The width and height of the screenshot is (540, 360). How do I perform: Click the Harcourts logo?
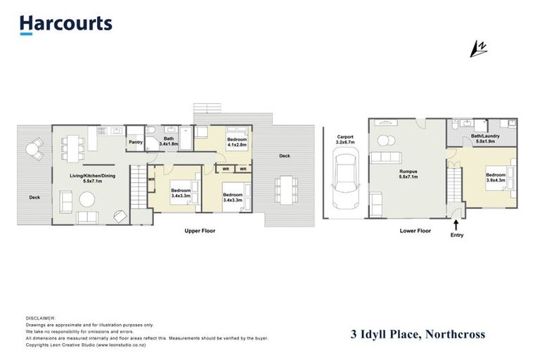coord(65,24)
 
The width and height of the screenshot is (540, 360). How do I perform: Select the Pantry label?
coord(136,142)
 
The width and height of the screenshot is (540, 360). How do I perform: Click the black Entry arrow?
coord(457,226)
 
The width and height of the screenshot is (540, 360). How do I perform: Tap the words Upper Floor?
coord(200,231)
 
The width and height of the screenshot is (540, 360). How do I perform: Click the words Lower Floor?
coord(415,231)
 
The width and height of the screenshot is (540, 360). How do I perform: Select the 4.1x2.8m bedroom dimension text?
coord(236,145)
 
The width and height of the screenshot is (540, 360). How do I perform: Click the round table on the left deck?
coord(33,148)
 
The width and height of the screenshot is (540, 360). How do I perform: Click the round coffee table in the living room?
coord(86,200)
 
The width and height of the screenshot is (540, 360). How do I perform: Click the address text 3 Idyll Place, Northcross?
coord(418,334)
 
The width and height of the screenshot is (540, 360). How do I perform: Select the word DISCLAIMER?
coord(39,319)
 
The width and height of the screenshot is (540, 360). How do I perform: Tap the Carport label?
coord(345,136)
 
